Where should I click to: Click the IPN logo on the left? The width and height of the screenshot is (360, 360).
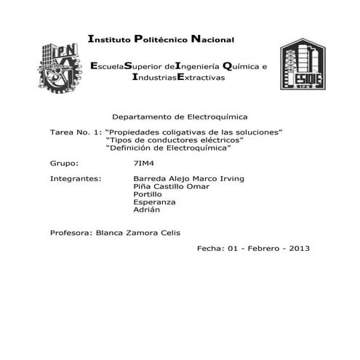57,64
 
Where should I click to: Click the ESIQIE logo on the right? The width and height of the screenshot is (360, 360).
303,64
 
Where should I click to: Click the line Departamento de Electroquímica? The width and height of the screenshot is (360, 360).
180,116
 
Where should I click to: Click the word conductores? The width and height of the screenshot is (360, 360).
172,140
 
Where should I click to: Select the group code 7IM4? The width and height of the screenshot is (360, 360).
145,163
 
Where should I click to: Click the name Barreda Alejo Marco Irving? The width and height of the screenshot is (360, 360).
189,178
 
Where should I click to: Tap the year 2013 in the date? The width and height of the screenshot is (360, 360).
299,248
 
